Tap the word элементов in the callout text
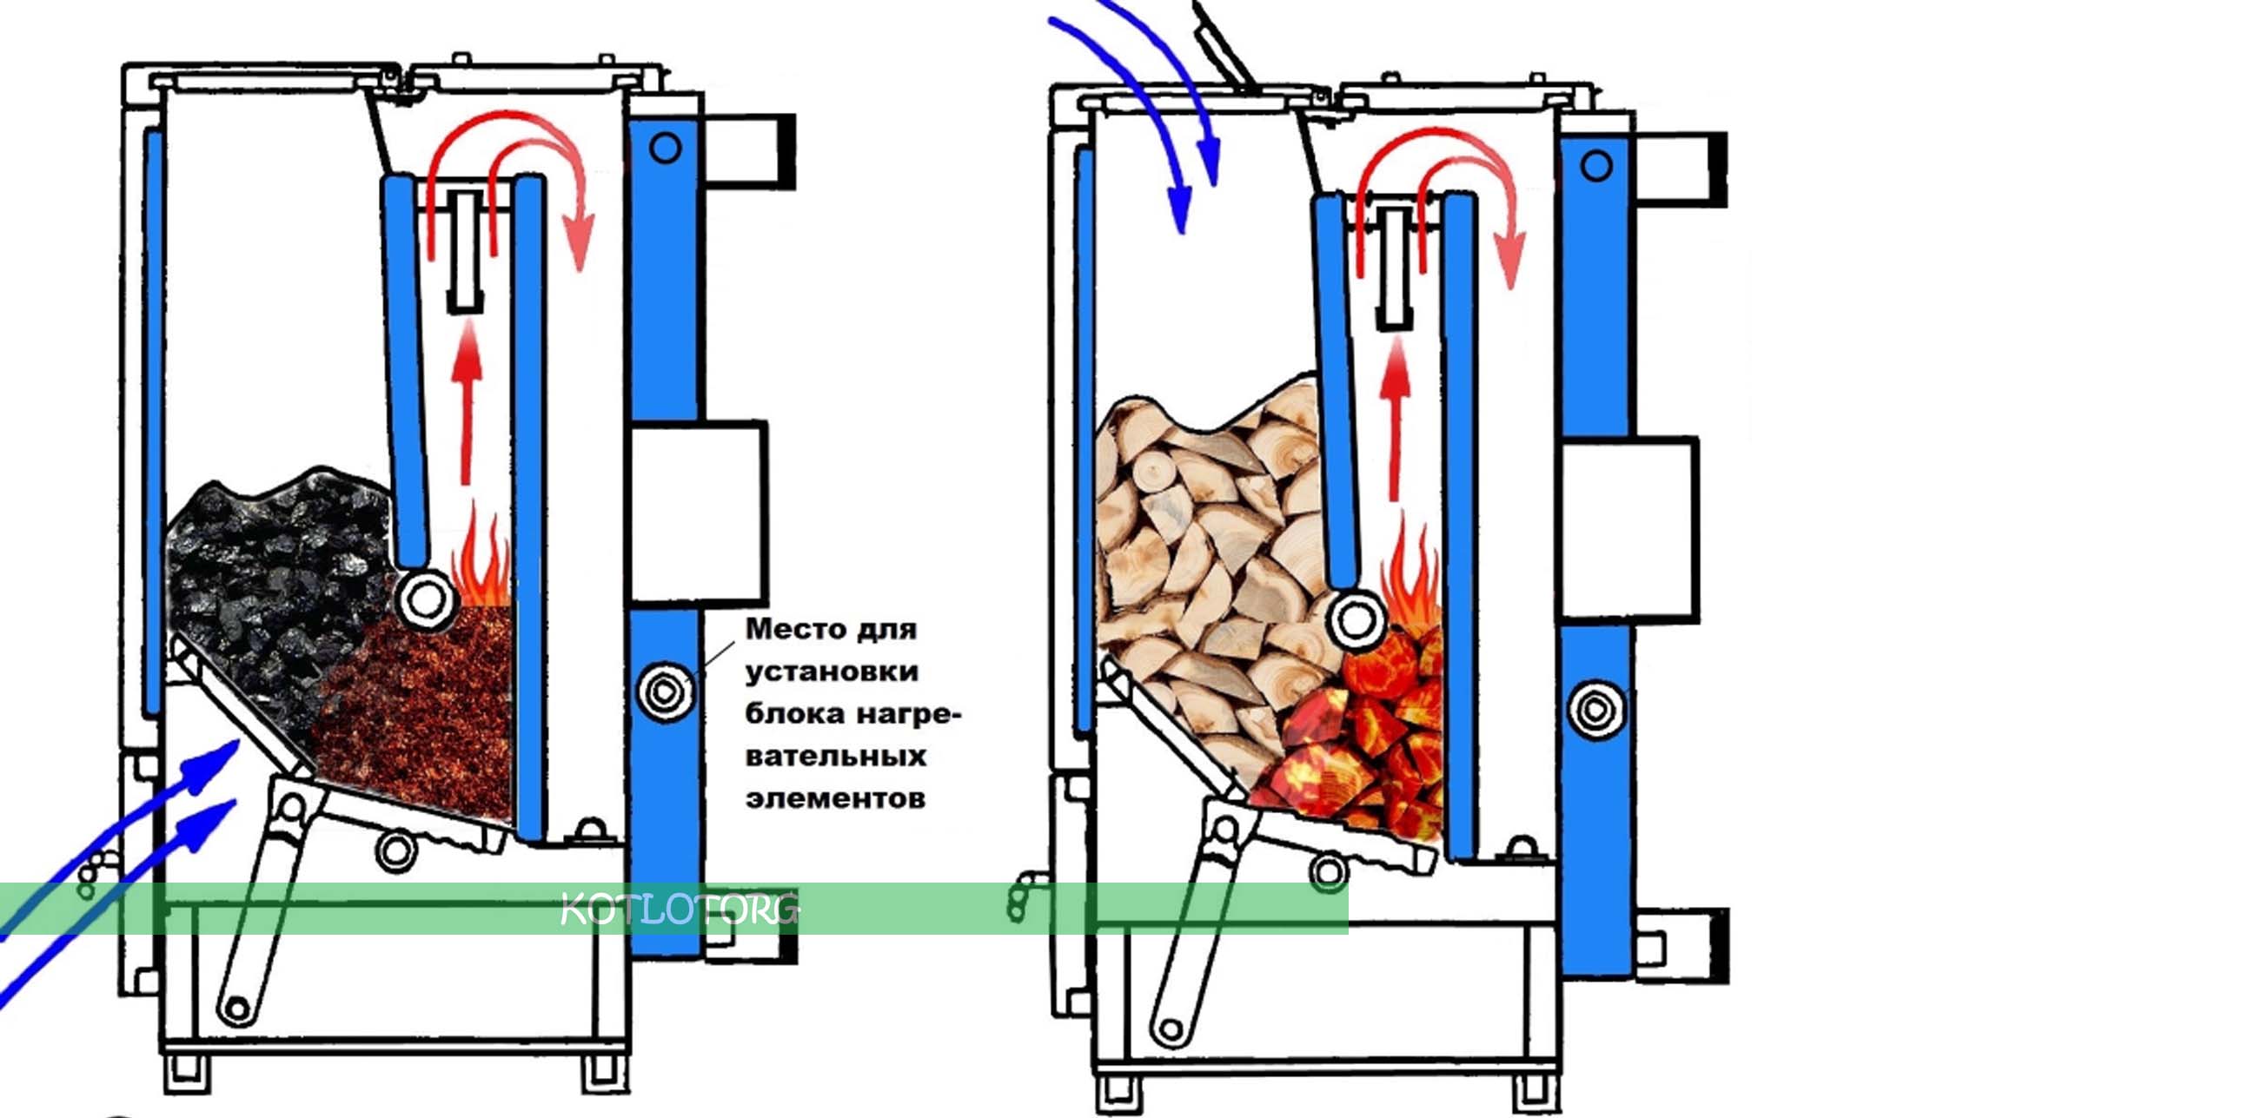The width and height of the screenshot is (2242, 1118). click(834, 797)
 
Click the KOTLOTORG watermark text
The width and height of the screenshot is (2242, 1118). click(679, 910)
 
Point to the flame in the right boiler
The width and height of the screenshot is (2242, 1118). click(1410, 574)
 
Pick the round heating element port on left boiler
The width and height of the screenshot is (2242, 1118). click(666, 692)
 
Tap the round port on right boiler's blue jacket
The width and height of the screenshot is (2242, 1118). click(1595, 709)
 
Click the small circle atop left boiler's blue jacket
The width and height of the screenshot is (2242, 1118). click(665, 148)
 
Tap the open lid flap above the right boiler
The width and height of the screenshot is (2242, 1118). click(1222, 43)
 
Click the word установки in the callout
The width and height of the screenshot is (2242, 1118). click(831, 671)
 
